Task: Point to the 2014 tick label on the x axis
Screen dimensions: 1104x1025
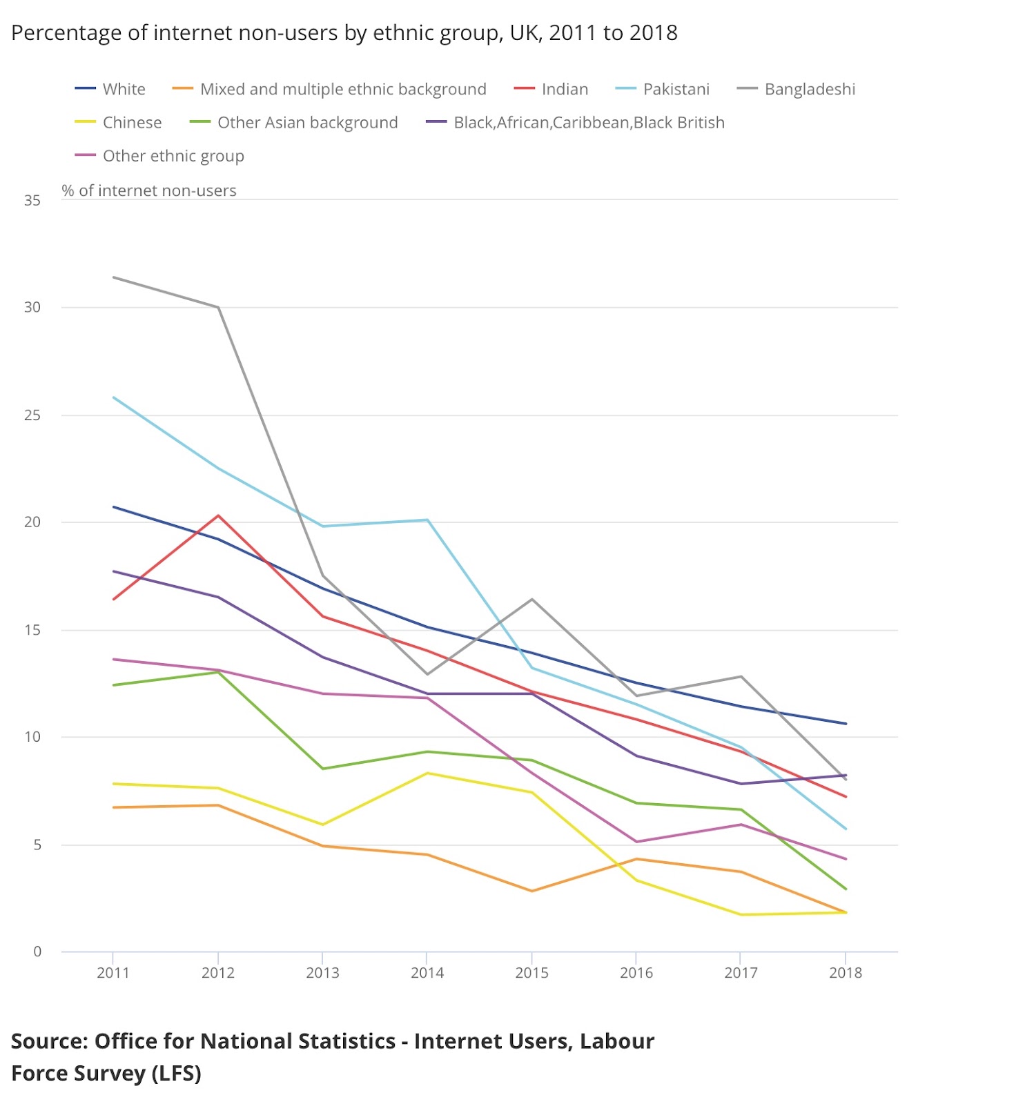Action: point(427,973)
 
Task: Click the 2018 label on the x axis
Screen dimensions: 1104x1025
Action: point(846,973)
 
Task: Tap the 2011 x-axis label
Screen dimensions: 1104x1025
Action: point(113,973)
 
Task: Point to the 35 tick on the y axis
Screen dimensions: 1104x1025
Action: point(32,201)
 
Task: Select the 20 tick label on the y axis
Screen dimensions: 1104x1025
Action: point(32,522)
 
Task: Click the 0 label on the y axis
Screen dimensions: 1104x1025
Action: point(37,952)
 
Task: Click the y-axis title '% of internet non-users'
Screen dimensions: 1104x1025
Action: point(149,190)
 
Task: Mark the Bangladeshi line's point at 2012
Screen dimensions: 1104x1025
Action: point(218,307)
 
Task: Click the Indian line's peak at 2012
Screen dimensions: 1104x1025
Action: point(218,515)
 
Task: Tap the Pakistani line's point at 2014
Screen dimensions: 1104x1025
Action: point(428,520)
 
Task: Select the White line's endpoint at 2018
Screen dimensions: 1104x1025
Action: point(846,724)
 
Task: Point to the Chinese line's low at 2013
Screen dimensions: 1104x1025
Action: point(322,825)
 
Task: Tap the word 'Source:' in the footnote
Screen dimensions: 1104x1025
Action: point(49,1041)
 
